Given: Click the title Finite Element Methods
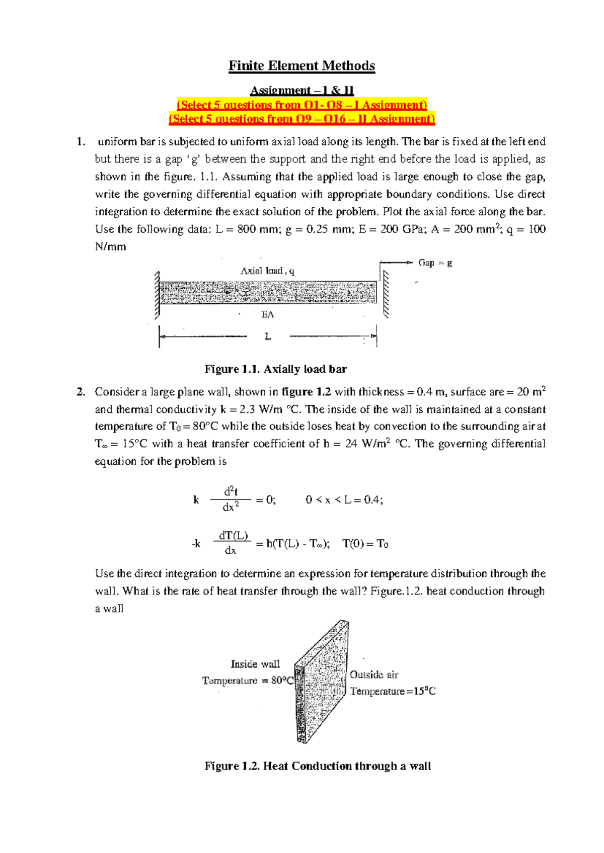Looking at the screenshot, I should [301, 66].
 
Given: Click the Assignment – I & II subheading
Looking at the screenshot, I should [301, 91].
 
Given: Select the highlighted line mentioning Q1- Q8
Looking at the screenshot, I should [301, 105].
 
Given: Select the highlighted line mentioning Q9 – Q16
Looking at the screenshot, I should [301, 119].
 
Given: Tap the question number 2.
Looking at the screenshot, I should [81, 392].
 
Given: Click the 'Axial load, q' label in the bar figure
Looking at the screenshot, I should [267, 271].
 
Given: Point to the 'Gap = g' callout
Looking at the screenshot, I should [435, 263].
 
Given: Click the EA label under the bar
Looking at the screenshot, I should [267, 315].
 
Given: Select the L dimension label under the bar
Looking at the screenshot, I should [268, 336].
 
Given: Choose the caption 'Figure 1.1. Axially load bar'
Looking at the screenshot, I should [275, 369].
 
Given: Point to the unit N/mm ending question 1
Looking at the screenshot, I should [110, 247].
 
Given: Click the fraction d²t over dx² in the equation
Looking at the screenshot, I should [230, 499].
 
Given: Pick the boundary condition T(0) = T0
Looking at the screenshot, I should [365, 544].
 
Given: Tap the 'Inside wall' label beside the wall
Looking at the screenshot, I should [255, 664].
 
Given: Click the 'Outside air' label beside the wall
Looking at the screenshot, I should [374, 675].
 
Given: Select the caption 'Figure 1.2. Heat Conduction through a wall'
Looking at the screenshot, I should [317, 766].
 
